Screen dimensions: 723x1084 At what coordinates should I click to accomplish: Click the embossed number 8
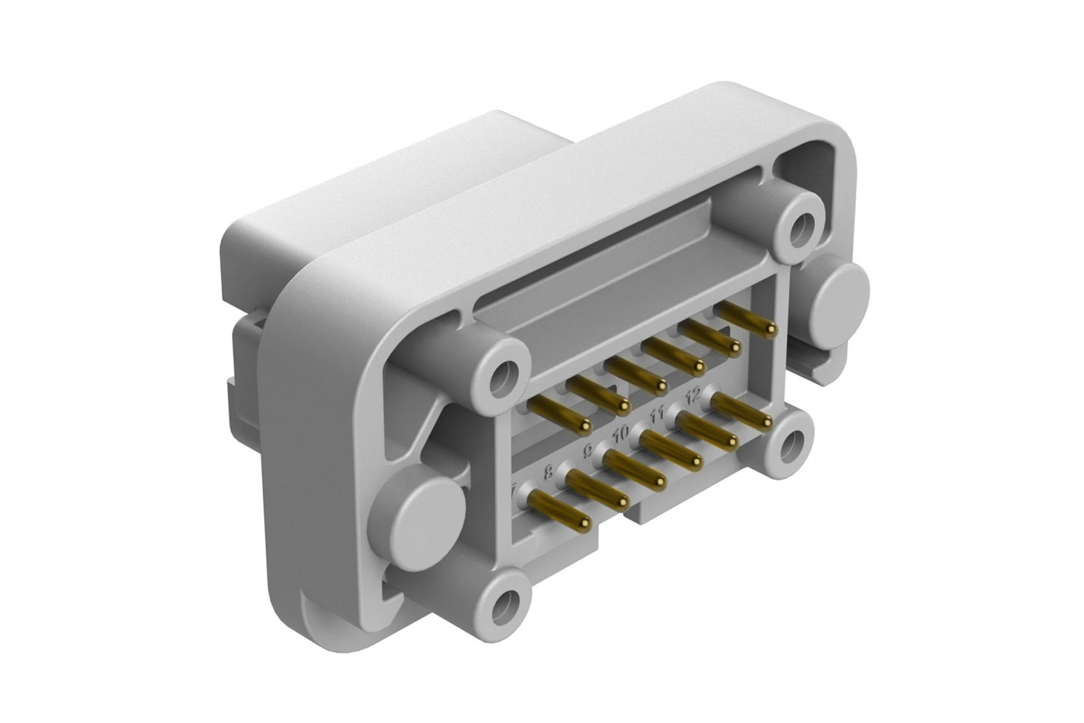pos(548,472)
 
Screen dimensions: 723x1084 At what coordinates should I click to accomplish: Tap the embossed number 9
pos(588,451)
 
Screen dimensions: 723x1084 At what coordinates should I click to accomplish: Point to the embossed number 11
pos(658,413)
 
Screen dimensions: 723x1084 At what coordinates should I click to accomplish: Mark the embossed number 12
pos(694,393)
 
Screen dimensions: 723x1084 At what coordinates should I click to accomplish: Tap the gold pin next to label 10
pos(668,450)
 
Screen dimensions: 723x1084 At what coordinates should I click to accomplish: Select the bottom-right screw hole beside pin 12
pos(788,445)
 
